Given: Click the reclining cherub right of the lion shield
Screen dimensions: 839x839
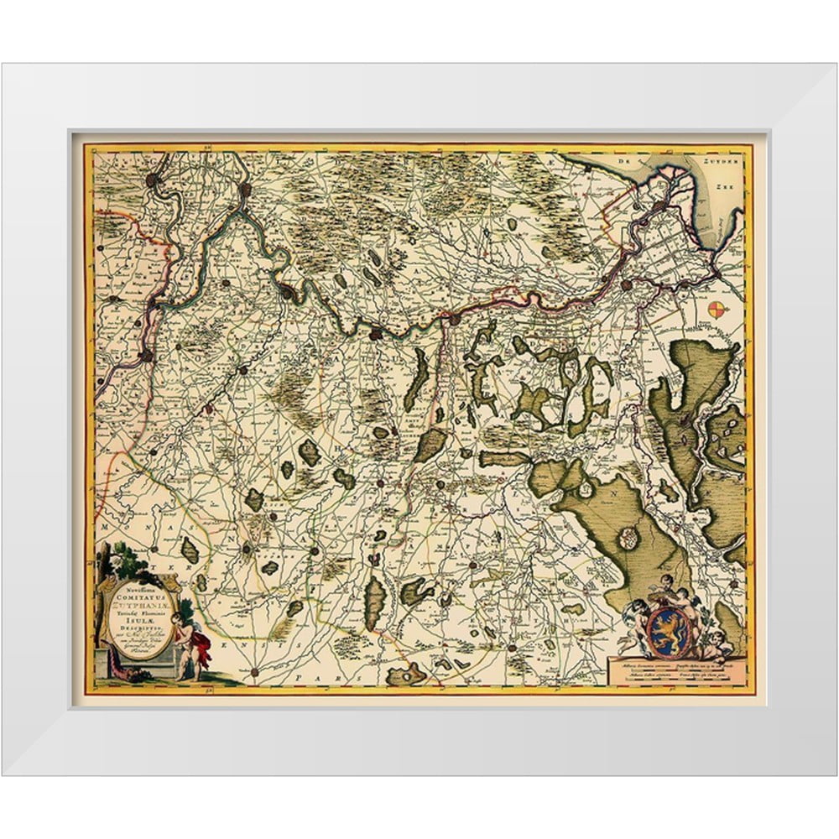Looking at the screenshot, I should (x=714, y=644).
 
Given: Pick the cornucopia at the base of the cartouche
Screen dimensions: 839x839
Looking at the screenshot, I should (x=126, y=672).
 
